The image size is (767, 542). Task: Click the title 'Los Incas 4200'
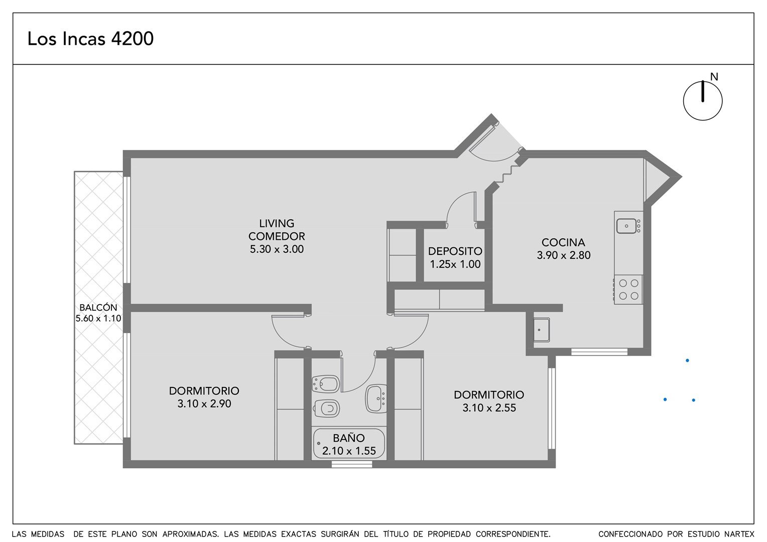pyautogui.click(x=90, y=39)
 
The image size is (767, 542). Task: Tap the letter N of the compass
pyautogui.click(x=714, y=77)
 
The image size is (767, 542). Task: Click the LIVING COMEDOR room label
pyautogui.click(x=277, y=230)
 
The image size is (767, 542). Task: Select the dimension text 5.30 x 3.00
pyautogui.click(x=277, y=249)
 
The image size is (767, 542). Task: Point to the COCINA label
pyautogui.click(x=563, y=242)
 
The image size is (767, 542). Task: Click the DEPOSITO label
pyautogui.click(x=455, y=251)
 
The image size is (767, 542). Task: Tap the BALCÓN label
pyautogui.click(x=98, y=308)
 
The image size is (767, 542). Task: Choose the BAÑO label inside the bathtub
pyautogui.click(x=349, y=438)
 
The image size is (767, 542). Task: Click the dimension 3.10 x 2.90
pyautogui.click(x=204, y=403)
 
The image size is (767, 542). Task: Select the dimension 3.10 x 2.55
pyautogui.click(x=489, y=408)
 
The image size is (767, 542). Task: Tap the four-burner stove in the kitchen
pyautogui.click(x=628, y=290)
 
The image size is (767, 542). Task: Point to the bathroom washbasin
pyautogui.click(x=376, y=398)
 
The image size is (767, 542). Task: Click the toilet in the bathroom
pyautogui.click(x=326, y=409)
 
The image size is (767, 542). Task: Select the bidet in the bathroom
pyautogui.click(x=326, y=384)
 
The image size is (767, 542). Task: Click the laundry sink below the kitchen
pyautogui.click(x=541, y=330)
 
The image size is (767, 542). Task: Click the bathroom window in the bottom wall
pyautogui.click(x=352, y=464)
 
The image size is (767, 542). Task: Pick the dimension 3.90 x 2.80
pyautogui.click(x=564, y=255)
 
